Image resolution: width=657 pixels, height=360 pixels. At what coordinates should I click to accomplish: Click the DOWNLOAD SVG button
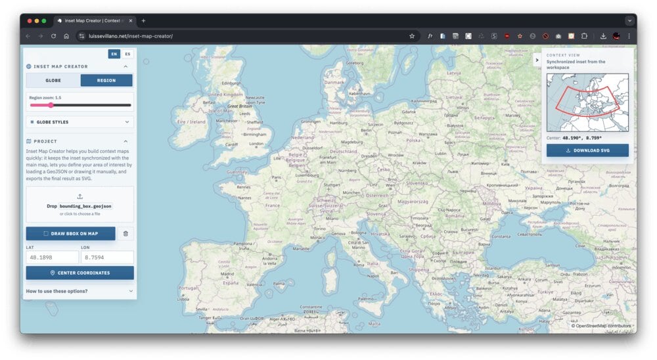click(587, 150)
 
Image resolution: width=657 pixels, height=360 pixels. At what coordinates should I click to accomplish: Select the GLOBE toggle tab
click(53, 80)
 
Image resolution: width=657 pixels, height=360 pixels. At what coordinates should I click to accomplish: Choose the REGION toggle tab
click(106, 80)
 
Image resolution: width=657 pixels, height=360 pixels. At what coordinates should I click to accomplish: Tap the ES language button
click(127, 54)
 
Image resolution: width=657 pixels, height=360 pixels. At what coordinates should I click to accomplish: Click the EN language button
click(114, 54)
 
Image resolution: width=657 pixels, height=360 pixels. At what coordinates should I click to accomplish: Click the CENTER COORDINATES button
click(79, 273)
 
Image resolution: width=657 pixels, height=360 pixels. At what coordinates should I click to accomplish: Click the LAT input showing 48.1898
click(52, 258)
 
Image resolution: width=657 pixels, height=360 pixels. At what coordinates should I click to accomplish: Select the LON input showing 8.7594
click(107, 258)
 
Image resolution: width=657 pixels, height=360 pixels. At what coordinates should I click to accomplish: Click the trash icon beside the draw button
click(125, 233)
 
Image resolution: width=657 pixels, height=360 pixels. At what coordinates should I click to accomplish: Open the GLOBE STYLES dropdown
click(79, 122)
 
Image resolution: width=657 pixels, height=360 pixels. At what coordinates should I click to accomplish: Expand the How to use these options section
click(79, 291)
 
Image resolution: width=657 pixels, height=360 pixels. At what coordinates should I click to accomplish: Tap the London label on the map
click(256, 144)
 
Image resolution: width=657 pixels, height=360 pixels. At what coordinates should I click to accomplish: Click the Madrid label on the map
click(227, 274)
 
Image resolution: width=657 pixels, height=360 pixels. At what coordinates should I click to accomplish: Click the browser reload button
click(53, 36)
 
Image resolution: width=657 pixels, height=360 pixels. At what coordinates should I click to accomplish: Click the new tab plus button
click(143, 21)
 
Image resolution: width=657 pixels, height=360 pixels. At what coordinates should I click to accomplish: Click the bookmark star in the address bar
click(412, 36)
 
